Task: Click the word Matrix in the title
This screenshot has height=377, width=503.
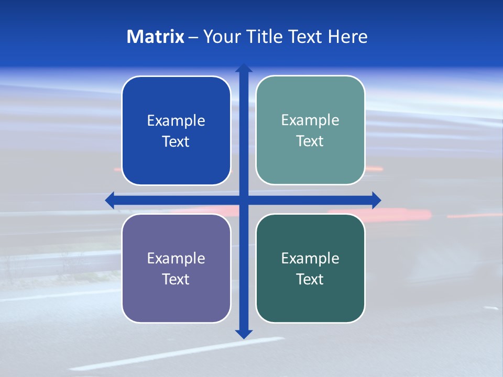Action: point(156,37)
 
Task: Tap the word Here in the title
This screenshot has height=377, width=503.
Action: point(348,37)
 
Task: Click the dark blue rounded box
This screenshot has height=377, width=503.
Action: point(176,157)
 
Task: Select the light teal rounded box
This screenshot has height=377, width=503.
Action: point(310,162)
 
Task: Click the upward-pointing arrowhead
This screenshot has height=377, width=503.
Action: point(244,68)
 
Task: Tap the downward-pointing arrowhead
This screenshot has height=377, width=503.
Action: point(244,334)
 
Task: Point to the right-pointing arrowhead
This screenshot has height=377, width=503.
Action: point(376,200)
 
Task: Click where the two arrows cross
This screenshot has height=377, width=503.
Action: point(244,200)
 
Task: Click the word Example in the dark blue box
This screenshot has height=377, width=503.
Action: point(176,121)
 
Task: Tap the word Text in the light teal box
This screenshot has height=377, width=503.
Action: point(310,141)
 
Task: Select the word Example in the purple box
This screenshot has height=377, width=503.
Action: point(176,258)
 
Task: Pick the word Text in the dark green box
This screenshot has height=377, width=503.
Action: point(310,279)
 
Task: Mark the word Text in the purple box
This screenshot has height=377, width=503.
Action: point(176,279)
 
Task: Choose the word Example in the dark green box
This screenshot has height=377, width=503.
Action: point(310,258)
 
